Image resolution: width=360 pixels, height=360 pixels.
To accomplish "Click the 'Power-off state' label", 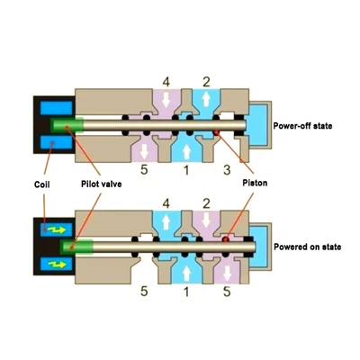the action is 302,126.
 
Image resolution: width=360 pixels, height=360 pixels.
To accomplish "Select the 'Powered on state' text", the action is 307,247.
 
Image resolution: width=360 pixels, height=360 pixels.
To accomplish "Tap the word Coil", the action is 42,184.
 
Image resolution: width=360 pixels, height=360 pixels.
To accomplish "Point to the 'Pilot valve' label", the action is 102,184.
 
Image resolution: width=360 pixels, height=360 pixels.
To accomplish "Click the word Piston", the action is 255,183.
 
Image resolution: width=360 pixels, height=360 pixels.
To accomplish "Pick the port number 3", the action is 227,170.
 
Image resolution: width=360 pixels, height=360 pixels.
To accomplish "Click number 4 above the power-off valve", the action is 166,82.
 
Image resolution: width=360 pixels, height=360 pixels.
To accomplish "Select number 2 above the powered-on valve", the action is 206,204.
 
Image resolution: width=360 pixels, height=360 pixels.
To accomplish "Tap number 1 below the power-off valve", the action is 186,170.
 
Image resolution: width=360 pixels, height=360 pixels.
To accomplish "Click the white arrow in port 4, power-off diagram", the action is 166,100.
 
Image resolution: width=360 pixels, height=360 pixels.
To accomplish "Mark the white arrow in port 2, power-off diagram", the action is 206,99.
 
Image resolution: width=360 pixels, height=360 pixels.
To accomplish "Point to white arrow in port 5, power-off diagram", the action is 144,151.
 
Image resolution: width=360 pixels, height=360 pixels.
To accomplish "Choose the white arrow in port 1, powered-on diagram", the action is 186,274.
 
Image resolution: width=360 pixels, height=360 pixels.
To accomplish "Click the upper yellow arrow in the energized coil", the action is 58,229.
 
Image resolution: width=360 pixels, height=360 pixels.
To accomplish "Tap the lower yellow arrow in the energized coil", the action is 58,265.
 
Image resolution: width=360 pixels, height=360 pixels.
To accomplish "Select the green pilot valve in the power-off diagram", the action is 67,125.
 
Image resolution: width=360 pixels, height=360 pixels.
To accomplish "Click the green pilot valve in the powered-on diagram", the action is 76,247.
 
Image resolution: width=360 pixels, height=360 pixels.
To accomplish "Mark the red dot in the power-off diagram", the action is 217,132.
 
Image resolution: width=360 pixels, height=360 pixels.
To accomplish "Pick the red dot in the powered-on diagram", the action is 226,239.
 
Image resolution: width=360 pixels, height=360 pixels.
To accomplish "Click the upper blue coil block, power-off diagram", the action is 57,108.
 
